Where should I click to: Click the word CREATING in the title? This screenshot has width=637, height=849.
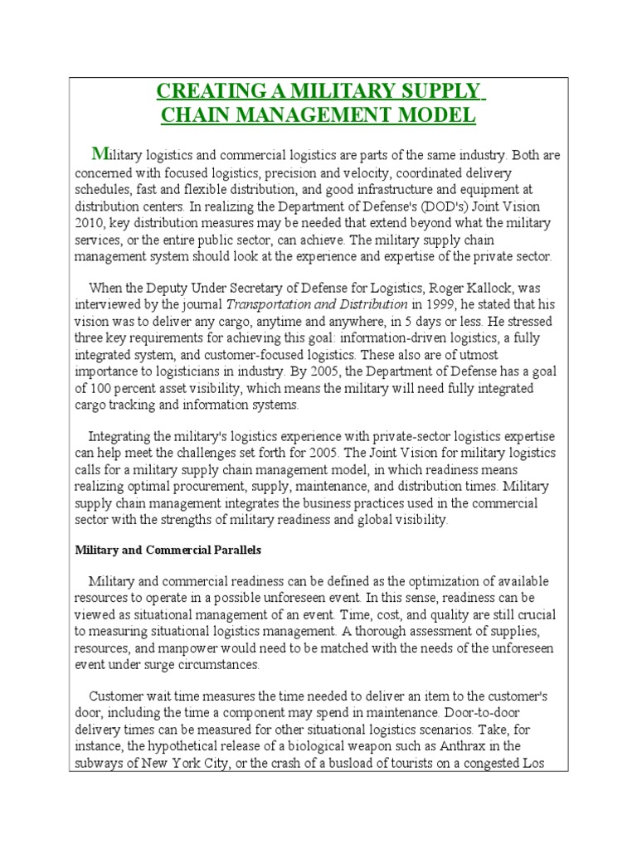tap(200, 91)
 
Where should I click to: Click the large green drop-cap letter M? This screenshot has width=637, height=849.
tap(100, 153)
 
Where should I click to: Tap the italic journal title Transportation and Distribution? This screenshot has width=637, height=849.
tap(312, 304)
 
